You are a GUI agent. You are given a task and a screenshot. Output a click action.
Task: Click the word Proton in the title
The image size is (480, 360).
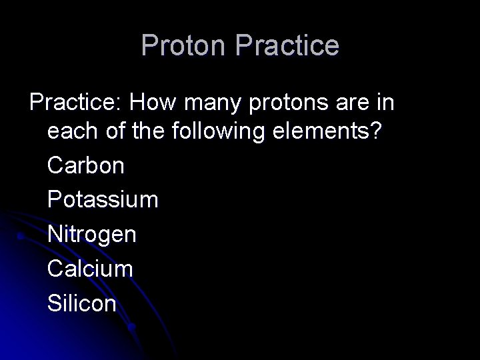[185, 46]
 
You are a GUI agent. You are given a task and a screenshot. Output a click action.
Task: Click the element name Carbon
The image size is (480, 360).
[86, 165]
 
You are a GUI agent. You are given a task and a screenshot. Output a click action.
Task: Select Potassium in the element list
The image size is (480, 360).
[103, 200]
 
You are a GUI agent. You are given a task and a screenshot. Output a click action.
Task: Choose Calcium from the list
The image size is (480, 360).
[90, 269]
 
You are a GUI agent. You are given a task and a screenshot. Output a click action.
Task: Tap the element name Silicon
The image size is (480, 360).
[82, 304]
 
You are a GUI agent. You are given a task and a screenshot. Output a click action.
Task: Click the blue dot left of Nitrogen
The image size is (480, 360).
[22, 235]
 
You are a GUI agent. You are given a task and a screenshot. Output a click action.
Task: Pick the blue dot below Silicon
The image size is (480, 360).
[132, 327]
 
